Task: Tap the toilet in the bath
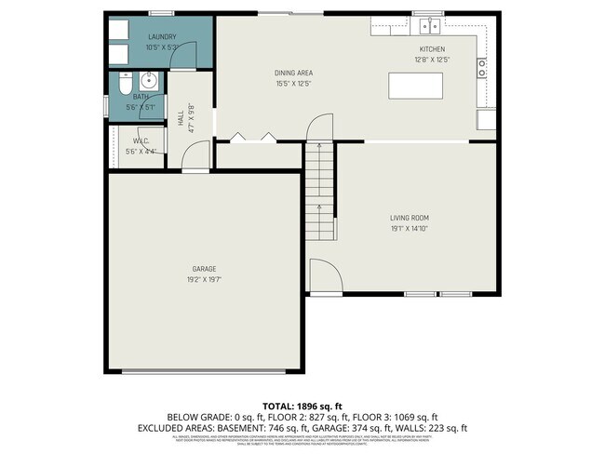coord(126,84)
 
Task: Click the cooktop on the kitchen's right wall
coord(482,67)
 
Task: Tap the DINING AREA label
coord(293,73)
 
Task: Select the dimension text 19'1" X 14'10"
coord(410,228)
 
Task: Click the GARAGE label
coord(205,269)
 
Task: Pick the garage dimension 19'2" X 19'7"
coord(205,279)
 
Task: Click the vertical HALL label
coord(180,118)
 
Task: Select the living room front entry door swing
coord(322,274)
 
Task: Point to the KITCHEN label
coord(432,49)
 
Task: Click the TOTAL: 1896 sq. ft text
coord(302,406)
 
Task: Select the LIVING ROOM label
coord(410,218)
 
